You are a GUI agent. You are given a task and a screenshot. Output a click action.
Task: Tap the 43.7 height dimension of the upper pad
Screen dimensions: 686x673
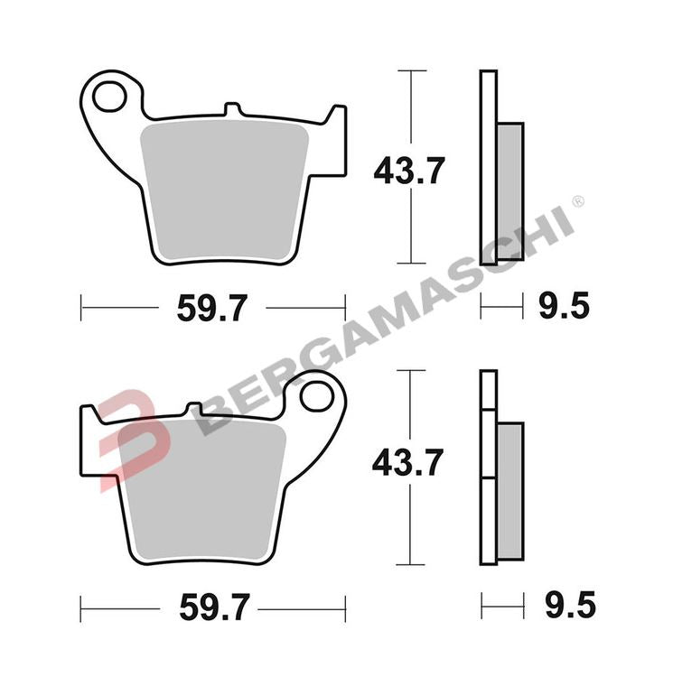pos(410,170)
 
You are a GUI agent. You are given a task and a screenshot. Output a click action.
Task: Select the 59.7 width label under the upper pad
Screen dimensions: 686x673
pos(213,309)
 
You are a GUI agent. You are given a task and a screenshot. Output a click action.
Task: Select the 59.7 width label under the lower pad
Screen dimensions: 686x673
pos(212,607)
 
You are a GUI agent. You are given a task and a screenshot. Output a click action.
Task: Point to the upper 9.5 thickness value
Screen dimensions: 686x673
pos(564,309)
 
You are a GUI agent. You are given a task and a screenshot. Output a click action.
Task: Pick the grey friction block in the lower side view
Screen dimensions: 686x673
pos(509,492)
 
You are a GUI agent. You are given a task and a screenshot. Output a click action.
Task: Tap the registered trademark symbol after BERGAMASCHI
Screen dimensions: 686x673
pos(577,200)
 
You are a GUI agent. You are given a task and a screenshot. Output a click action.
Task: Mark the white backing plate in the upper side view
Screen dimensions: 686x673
pos(488,181)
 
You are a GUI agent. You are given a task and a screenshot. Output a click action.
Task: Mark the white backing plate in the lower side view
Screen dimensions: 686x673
pos(488,478)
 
